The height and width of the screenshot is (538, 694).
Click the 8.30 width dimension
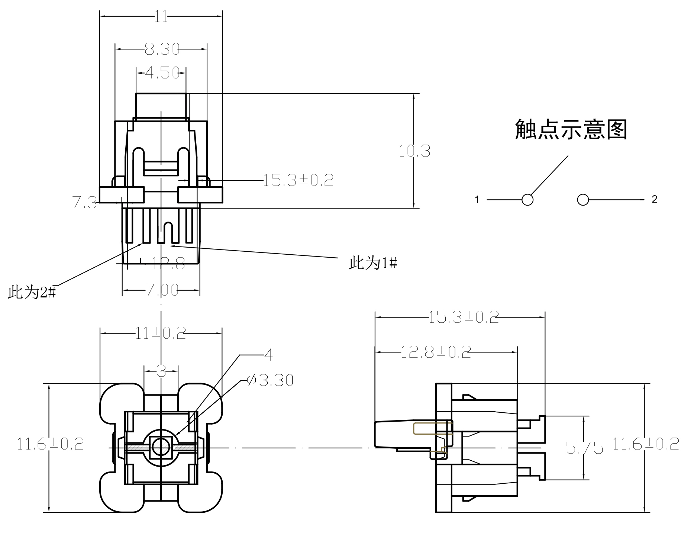[x=162, y=49]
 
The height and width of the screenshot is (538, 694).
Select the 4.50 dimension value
[x=162, y=73]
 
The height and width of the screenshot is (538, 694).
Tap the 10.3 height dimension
[x=414, y=151]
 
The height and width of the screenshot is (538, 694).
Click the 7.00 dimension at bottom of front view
[x=162, y=290]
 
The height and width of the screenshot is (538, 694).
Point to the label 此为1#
[x=373, y=263]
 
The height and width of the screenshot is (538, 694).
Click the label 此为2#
[x=32, y=293]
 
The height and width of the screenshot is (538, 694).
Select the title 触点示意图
[x=571, y=130]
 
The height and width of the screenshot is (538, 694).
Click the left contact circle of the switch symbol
[x=527, y=200]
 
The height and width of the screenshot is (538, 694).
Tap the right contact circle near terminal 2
[x=583, y=200]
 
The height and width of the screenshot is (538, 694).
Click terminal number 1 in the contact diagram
[x=477, y=200]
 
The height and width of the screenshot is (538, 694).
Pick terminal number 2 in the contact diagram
[x=655, y=199]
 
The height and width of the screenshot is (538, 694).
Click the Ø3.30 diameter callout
[x=270, y=380]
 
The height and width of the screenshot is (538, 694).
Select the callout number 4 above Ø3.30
[x=268, y=355]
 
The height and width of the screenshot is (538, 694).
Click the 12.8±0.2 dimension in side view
[x=435, y=352]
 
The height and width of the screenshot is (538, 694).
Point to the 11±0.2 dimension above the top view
[x=160, y=333]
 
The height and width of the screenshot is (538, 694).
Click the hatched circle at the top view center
[x=161, y=444]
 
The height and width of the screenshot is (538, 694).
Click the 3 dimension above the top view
[x=161, y=371]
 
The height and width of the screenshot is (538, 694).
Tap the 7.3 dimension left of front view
[x=84, y=203]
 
